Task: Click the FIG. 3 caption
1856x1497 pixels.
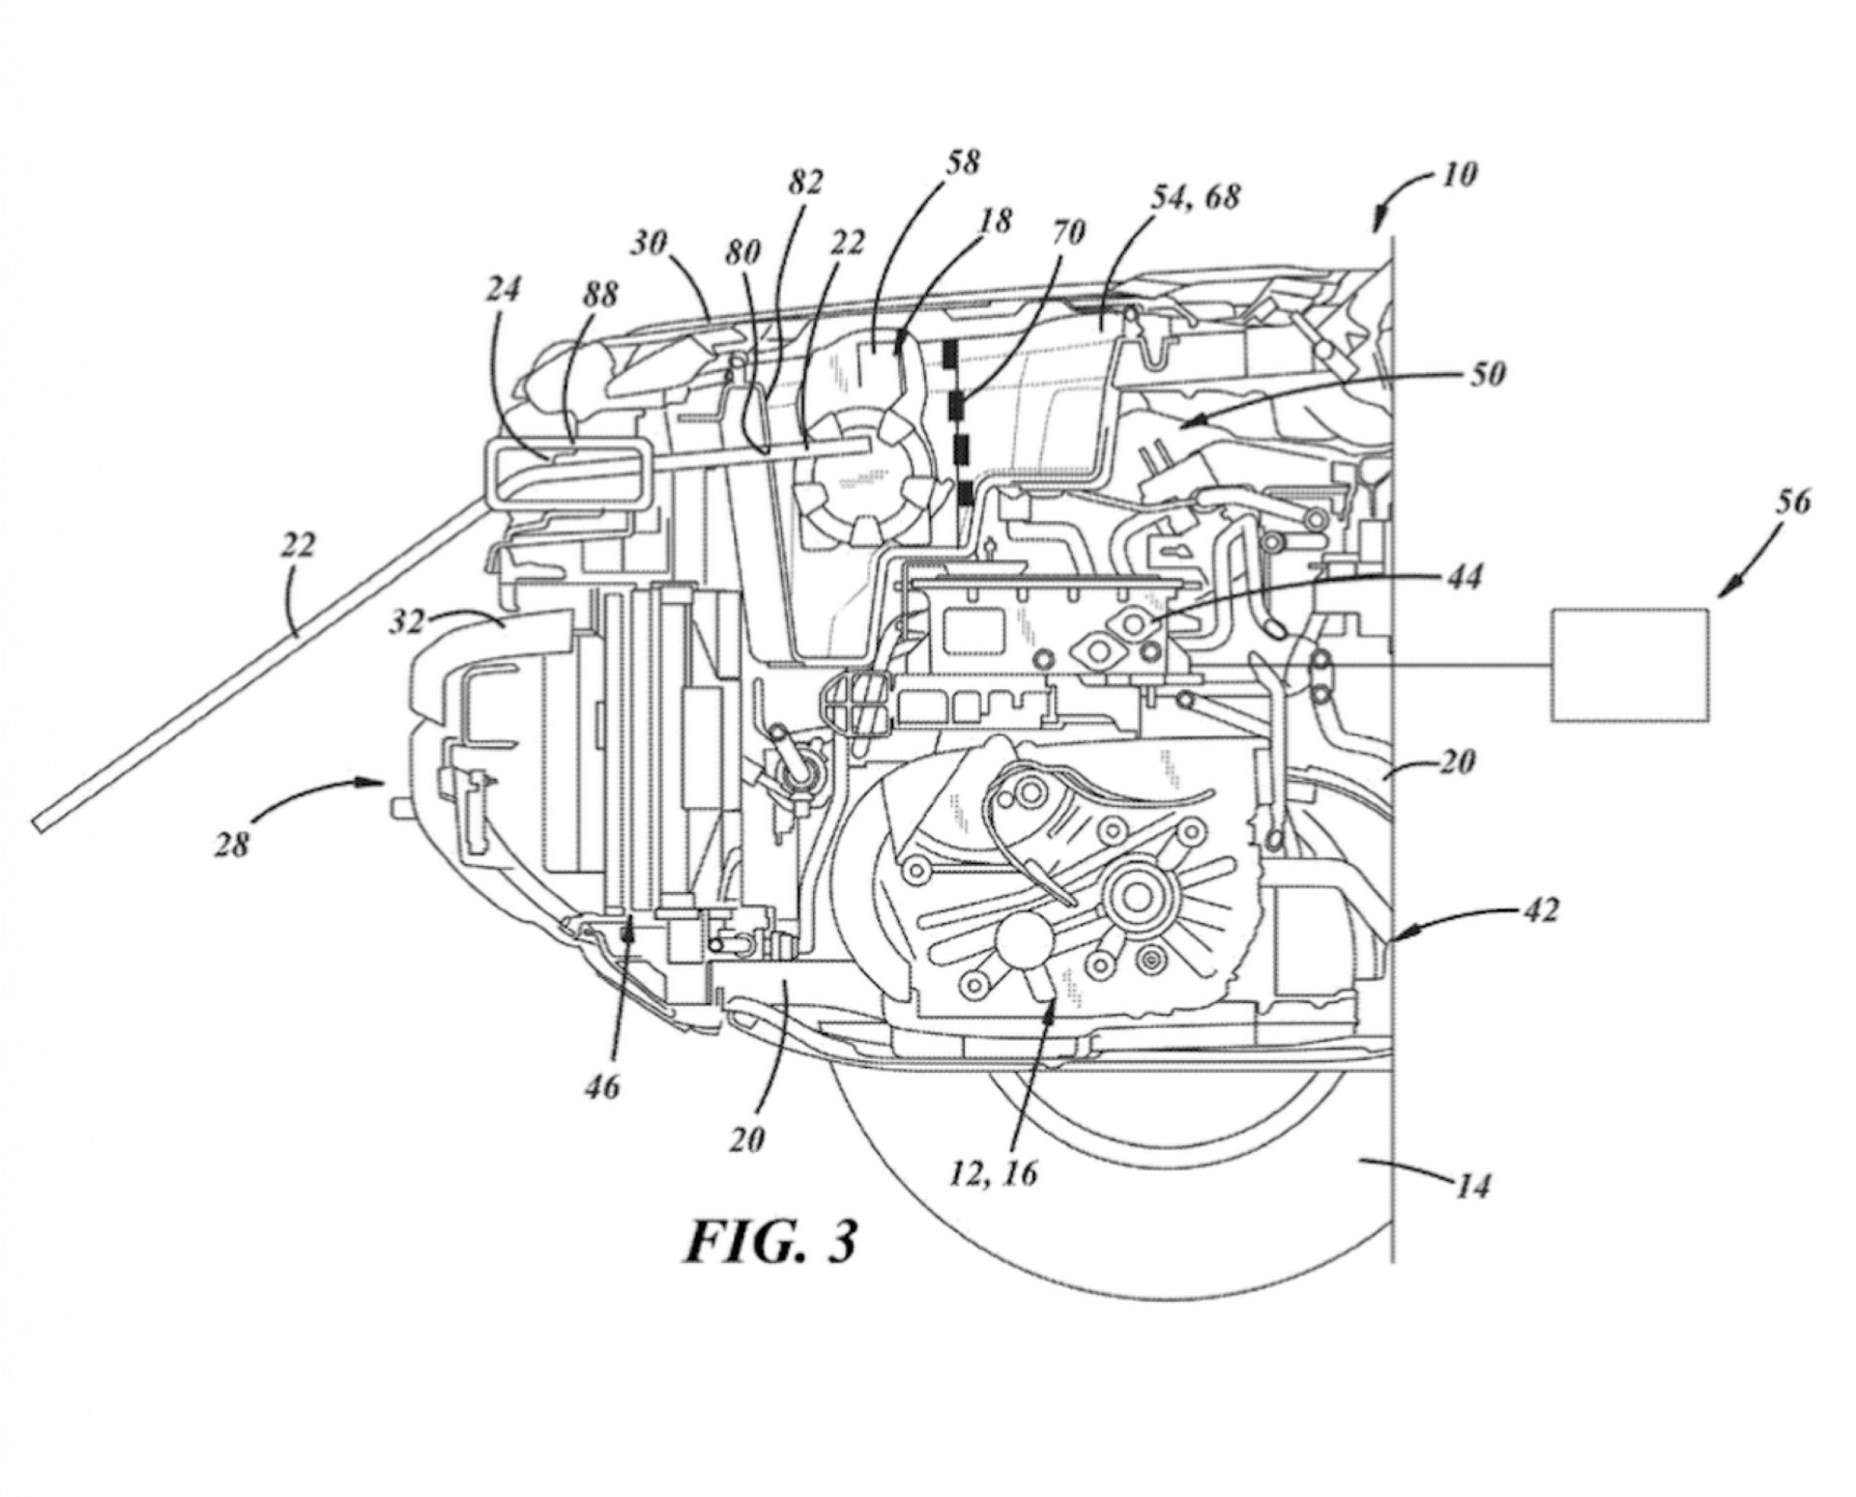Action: (x=770, y=1241)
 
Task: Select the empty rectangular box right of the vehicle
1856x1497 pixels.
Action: (x=1630, y=663)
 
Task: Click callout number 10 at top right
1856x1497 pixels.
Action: (x=1460, y=175)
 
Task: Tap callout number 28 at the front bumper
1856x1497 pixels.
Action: (x=233, y=846)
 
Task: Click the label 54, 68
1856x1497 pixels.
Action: (x=1194, y=198)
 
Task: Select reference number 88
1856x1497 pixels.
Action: (x=598, y=295)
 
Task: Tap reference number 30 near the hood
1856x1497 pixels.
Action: (x=650, y=244)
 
